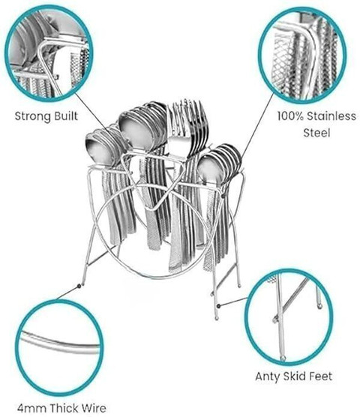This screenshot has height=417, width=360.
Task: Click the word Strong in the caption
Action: [x=33, y=116]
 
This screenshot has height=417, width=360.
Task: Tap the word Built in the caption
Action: [x=66, y=116]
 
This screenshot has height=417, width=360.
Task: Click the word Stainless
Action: [x=331, y=116]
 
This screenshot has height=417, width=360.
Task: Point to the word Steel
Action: [x=316, y=133]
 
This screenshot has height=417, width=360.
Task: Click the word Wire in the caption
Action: [x=94, y=408]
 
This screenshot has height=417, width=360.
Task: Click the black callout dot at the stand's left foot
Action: [x=79, y=286]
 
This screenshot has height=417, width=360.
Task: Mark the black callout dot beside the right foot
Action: [x=218, y=306]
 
